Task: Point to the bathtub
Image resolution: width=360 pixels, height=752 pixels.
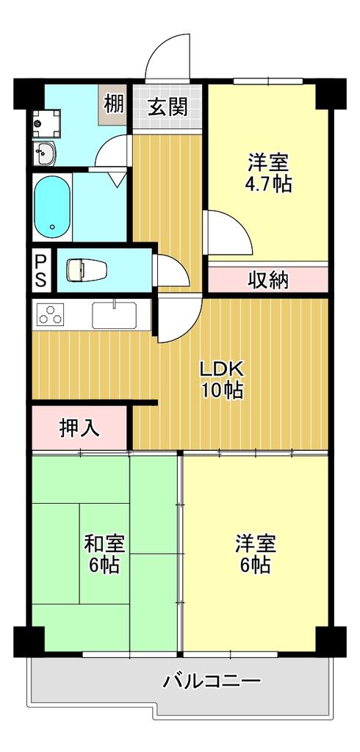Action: click(x=52, y=206)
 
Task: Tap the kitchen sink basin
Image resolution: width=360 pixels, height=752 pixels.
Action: click(x=114, y=314)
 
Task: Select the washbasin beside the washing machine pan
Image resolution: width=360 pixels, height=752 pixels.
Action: click(x=44, y=153)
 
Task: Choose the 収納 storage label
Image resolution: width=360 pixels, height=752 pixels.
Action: click(x=268, y=280)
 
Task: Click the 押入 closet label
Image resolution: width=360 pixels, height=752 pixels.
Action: click(x=79, y=428)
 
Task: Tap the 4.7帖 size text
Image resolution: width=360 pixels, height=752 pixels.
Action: click(x=270, y=184)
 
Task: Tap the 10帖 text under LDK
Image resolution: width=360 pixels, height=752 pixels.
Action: click(x=222, y=391)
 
